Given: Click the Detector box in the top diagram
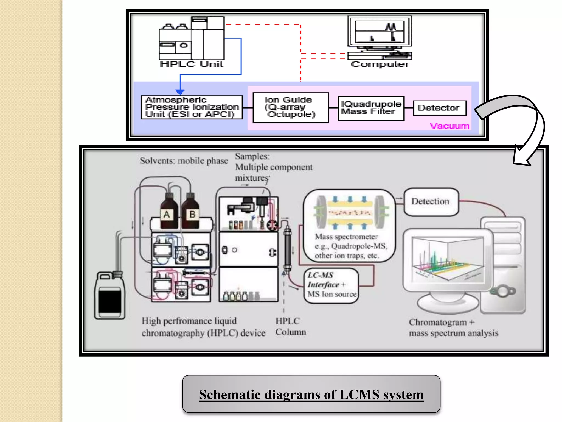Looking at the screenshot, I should (x=439, y=108).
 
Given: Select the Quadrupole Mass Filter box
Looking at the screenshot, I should (x=371, y=108).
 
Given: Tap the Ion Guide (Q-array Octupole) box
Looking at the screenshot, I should (x=291, y=107).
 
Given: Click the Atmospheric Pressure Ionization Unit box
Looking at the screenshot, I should (x=192, y=107).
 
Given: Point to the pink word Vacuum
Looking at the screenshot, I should (x=449, y=126).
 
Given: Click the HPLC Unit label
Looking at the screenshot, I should (x=192, y=64).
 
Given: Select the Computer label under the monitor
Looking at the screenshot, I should (x=380, y=64).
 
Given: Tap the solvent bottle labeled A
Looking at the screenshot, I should (x=167, y=212).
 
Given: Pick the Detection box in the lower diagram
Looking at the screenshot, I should (x=431, y=201).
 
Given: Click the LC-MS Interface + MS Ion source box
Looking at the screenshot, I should (x=331, y=285).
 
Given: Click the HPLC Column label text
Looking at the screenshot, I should (x=290, y=326).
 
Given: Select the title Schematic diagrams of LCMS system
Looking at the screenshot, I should (x=311, y=394).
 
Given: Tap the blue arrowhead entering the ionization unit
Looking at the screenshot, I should (x=180, y=92).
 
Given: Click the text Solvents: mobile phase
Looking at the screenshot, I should (x=184, y=161).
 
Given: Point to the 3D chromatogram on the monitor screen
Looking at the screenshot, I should (x=447, y=260).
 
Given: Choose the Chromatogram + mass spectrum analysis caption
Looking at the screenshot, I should (x=453, y=327).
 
